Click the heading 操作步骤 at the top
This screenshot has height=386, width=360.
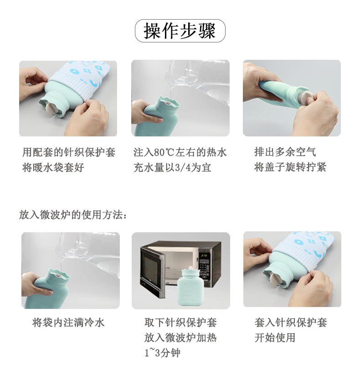click(180, 31)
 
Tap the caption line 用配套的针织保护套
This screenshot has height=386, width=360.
click(69, 152)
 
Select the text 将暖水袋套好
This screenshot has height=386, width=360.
click(53, 167)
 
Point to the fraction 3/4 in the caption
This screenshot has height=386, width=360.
click(183, 167)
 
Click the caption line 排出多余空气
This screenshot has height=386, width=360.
click(285, 152)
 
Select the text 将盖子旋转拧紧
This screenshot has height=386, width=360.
click(290, 167)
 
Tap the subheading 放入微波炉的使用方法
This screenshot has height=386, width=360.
click(73, 214)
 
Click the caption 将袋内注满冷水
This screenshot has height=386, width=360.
click(68, 323)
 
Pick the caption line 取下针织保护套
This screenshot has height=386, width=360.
click(180, 323)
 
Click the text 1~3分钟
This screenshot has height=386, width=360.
click(162, 353)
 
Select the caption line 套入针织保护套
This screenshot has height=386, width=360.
click(291, 323)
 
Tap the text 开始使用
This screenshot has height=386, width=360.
click(275, 338)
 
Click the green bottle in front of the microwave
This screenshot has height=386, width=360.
click(190, 287)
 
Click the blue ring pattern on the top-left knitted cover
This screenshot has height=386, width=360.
click(74, 71)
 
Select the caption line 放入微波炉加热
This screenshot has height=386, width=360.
click(180, 338)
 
